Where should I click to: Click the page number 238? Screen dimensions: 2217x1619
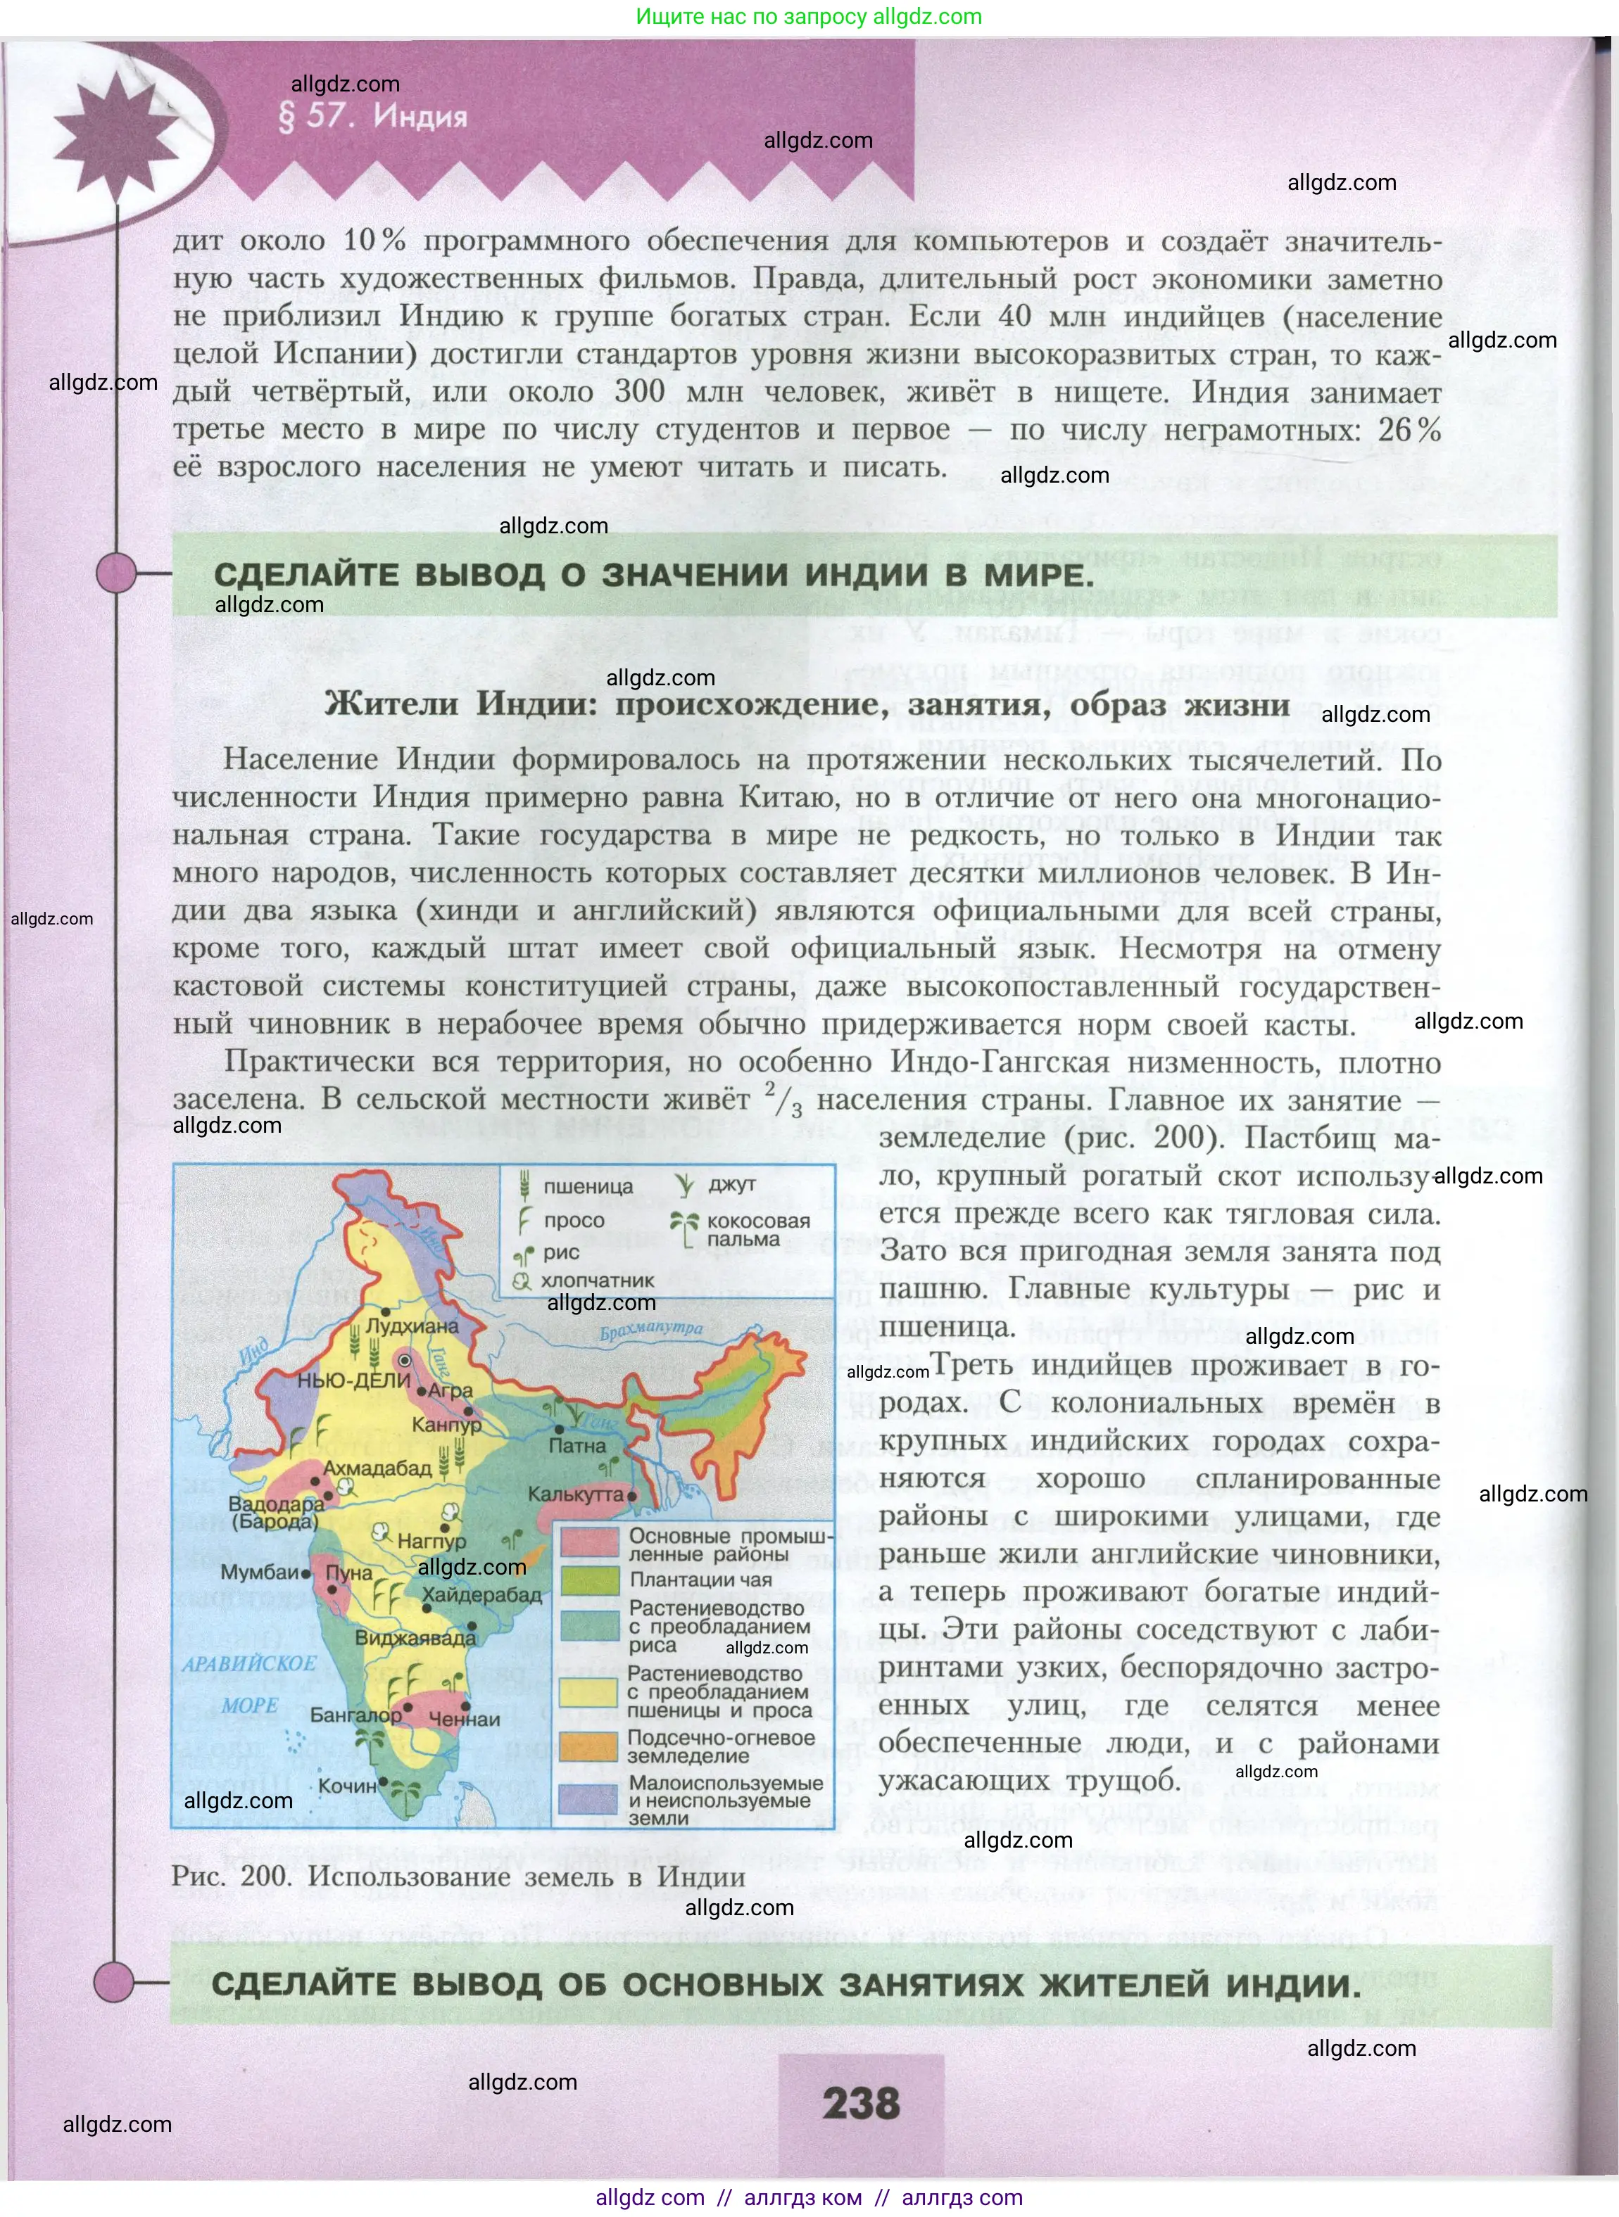(x=860, y=2102)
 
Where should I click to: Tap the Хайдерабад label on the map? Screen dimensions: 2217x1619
(x=481, y=1595)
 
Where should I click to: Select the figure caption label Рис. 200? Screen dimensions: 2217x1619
(x=230, y=1876)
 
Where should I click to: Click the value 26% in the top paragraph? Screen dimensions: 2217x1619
(x=1409, y=429)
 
